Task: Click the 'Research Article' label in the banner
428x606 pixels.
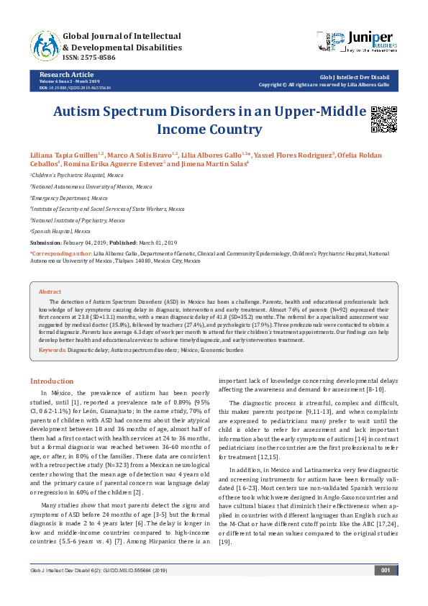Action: click(x=66, y=74)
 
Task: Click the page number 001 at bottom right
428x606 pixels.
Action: click(x=385, y=590)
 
